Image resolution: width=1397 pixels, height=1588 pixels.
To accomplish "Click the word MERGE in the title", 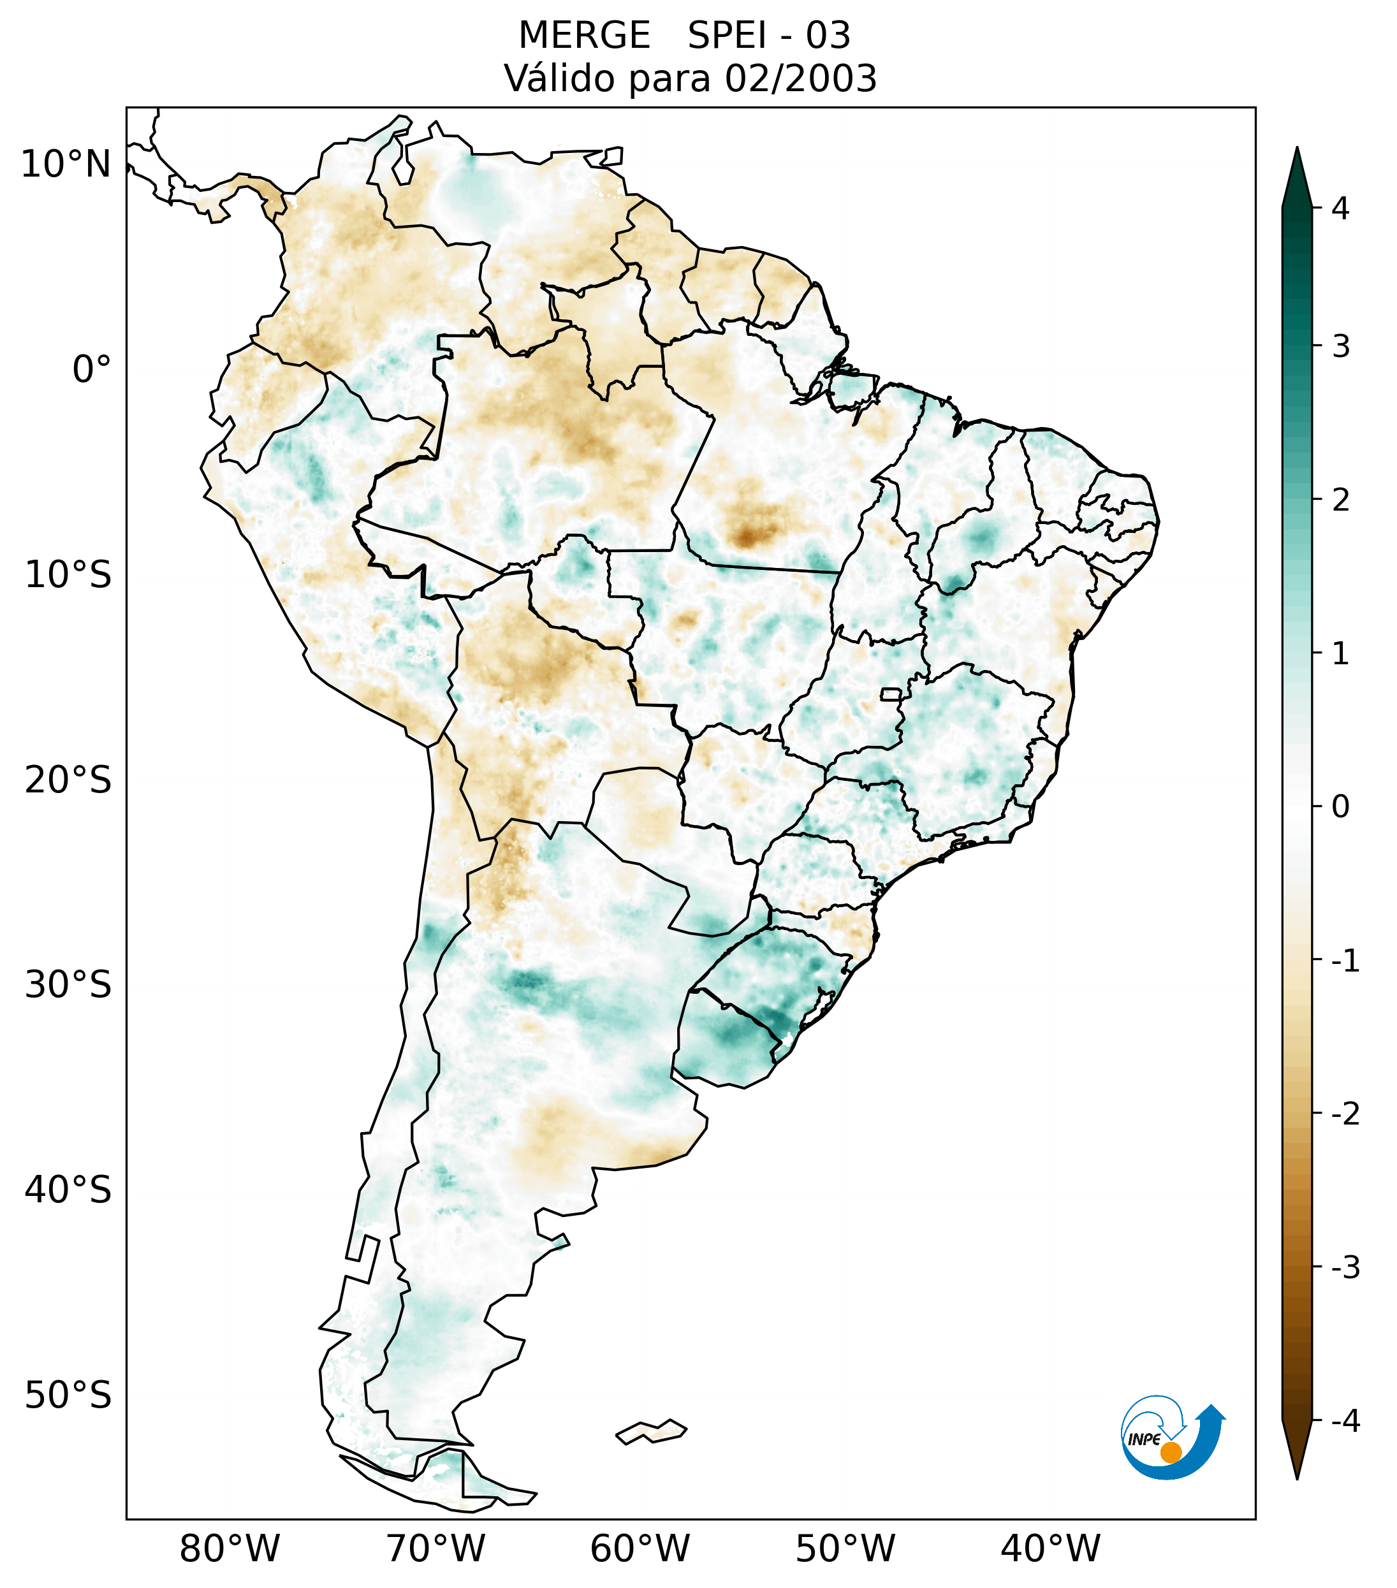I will coord(584,36).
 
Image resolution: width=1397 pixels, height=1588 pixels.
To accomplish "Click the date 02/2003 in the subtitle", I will coord(800,78).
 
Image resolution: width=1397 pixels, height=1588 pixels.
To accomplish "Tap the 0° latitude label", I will coord(92,370).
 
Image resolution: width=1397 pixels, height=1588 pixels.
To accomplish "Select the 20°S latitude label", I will coord(68,780).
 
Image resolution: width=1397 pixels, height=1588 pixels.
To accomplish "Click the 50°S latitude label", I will coord(68,1395).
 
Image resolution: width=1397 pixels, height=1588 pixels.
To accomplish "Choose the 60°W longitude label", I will coord(640,1548).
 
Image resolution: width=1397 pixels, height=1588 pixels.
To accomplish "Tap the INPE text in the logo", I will coord(1144,1439).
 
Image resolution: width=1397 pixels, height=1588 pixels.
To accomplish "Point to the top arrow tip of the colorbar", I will coord(1297,149).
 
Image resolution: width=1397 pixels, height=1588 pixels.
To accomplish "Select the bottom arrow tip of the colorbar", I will coord(1297,1478).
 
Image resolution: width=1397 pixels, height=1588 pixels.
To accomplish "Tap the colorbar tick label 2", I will coord(1340,500).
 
